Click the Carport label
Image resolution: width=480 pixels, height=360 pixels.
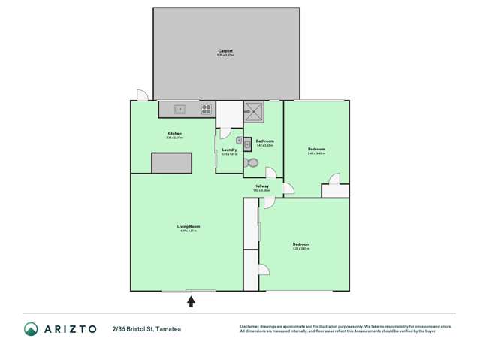coord(225,51)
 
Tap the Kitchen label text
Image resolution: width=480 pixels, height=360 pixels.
coord(174,134)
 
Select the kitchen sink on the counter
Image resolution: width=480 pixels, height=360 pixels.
coord(180,109)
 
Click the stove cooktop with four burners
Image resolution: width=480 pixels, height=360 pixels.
coord(206,109)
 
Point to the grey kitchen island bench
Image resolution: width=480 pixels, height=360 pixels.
coord(172,162)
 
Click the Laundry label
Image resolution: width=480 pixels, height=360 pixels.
coord(229,150)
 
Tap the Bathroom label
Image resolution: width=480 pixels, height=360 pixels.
coord(264,141)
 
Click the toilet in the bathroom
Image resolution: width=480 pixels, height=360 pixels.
coord(252,162)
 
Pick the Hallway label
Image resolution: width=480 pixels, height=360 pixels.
coord(261,186)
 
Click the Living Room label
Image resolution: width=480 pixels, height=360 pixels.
coord(188,226)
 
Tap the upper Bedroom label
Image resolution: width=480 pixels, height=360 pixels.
coord(316,149)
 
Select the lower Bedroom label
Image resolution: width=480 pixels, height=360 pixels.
coord(300,244)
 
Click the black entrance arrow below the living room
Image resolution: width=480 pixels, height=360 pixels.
coord(191,301)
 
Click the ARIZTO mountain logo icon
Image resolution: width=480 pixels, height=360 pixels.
coord(31,328)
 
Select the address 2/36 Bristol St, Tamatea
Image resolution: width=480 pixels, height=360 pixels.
coord(146,328)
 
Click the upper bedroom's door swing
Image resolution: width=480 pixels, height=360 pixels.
coord(335,179)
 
